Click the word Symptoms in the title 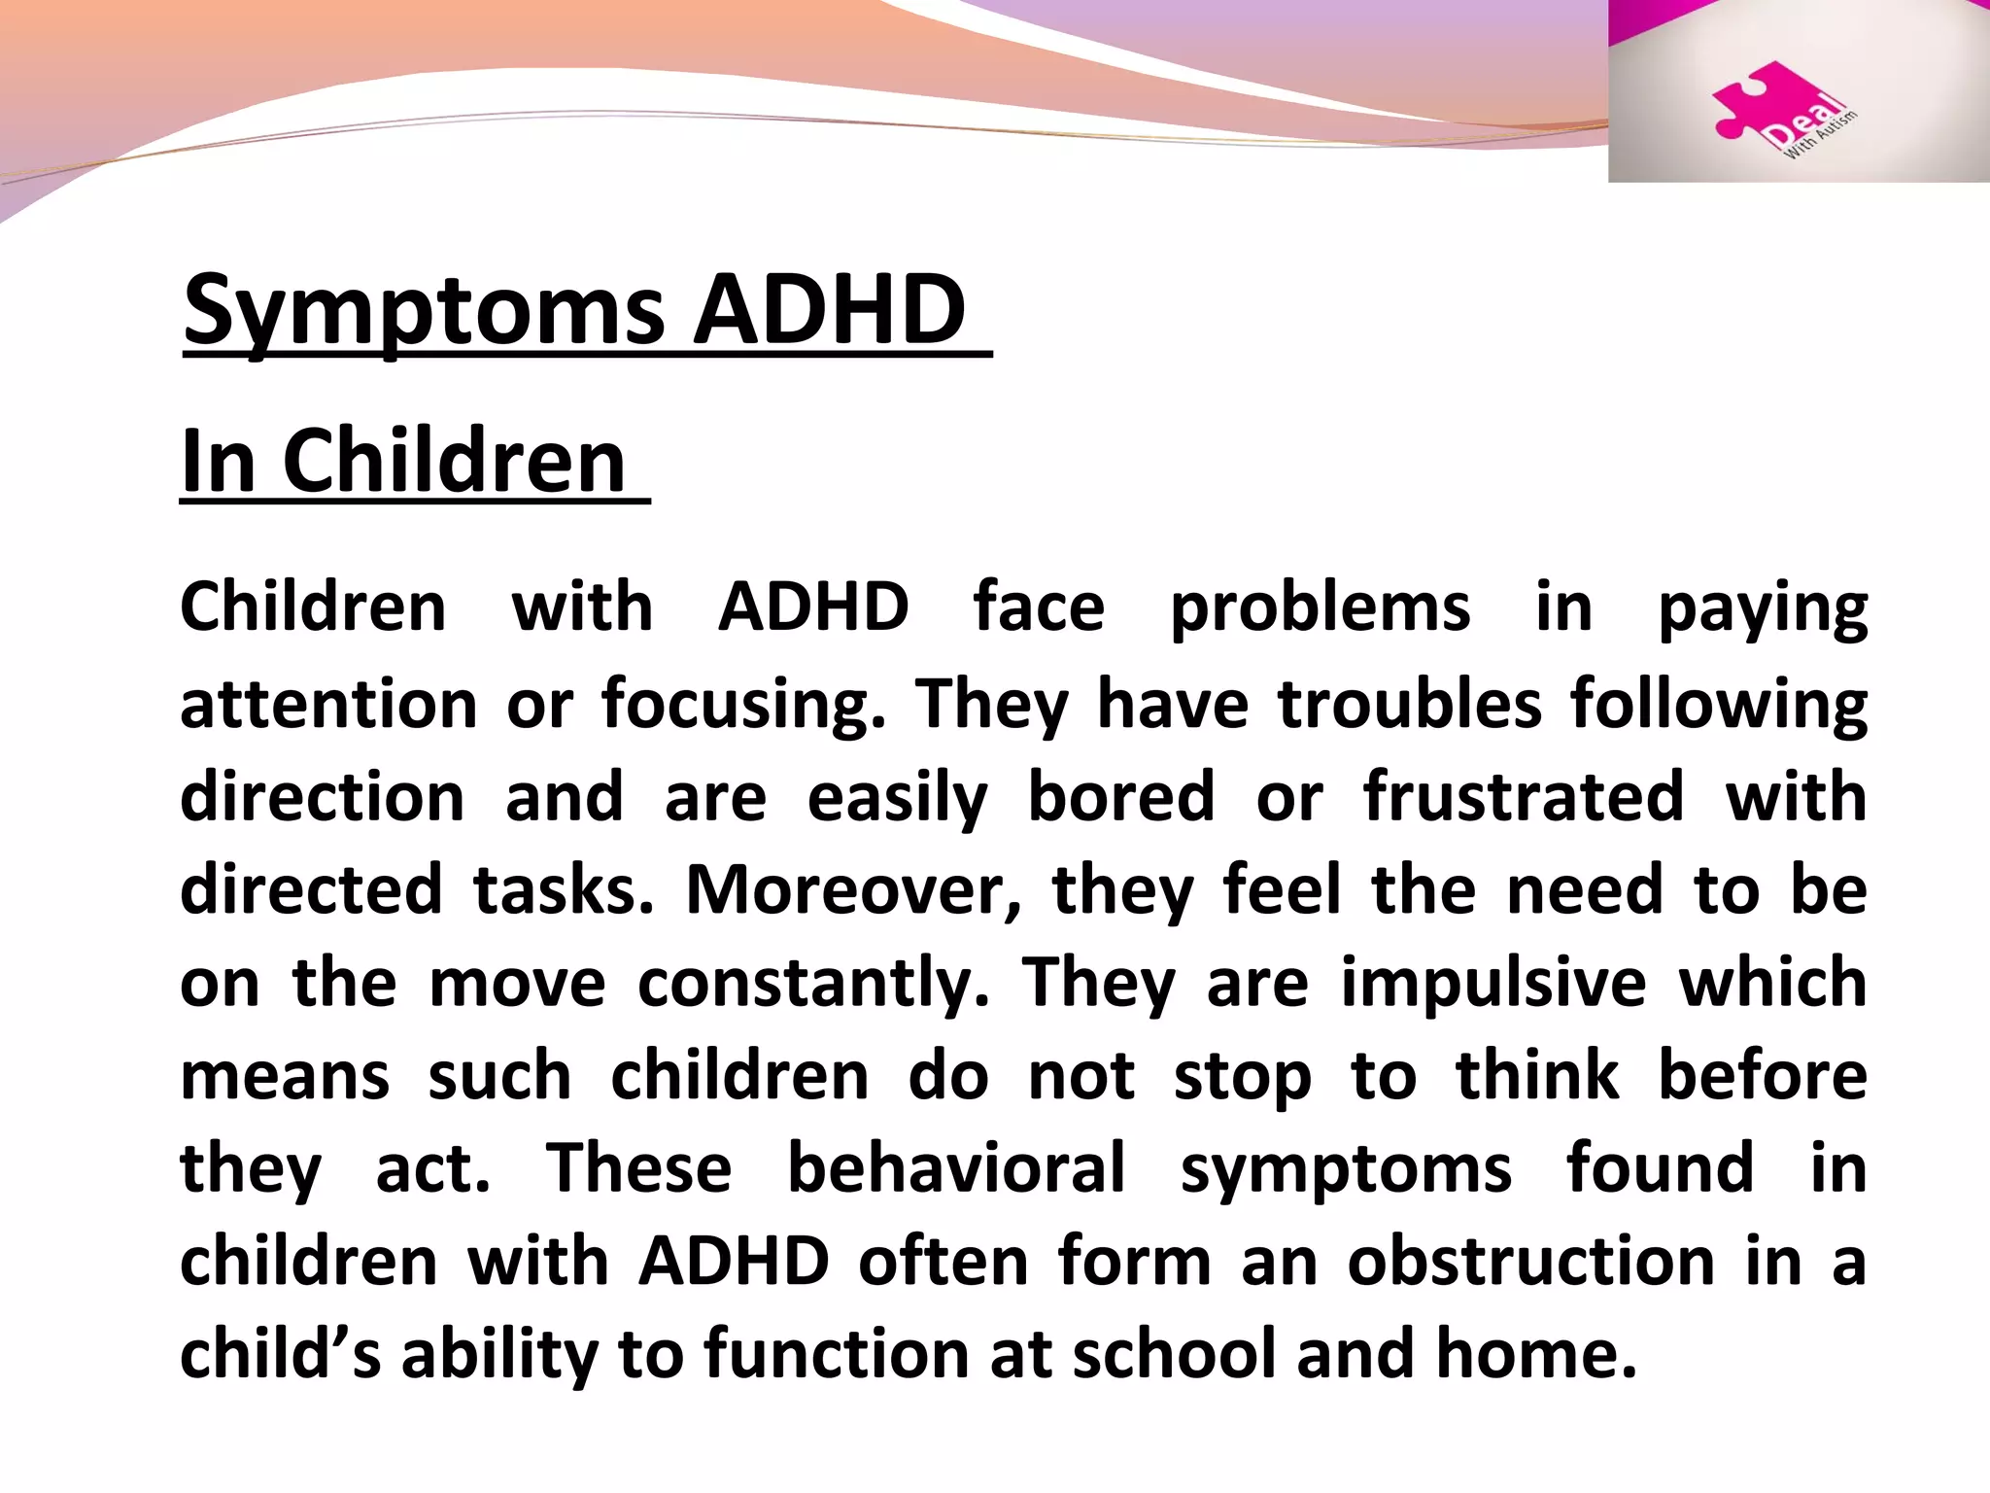tap(424, 311)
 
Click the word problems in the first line tap(1320, 608)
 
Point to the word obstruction tap(1530, 1262)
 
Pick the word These tap(638, 1168)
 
